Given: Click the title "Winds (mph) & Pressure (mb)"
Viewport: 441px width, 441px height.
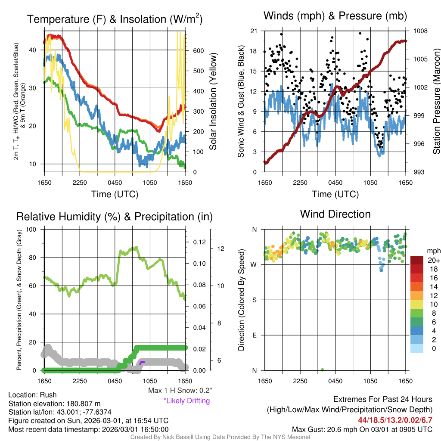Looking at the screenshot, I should coord(335,16).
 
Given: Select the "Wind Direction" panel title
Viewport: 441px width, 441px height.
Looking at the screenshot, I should coord(335,214).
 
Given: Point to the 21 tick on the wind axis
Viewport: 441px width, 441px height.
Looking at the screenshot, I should coord(253,31).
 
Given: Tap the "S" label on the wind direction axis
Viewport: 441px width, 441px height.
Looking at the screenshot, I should coord(254,300).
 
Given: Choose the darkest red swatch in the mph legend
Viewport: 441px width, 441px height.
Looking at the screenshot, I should coord(417,260).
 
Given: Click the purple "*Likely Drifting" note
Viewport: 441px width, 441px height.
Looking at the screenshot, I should coord(186,401).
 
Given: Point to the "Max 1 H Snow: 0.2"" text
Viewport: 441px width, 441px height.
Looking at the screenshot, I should coord(180,391).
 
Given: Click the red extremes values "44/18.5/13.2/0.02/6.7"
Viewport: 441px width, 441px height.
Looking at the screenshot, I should coord(395,420).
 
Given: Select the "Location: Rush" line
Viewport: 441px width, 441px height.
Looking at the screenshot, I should coord(32,395).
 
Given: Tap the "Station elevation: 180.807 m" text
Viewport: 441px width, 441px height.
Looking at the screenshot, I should coord(54,404).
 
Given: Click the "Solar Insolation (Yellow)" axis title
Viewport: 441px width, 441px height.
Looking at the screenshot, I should coord(213,102).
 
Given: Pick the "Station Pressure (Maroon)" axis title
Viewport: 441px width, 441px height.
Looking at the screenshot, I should coord(436,102).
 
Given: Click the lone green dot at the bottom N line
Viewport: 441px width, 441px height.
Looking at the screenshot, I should coord(323,370).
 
